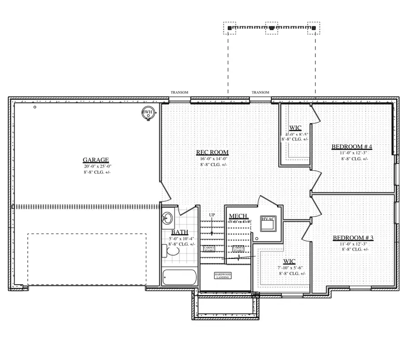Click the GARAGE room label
pos(95,160)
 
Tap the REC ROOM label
pos(212,153)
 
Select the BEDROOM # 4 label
pos(352,147)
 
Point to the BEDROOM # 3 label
pos(353,238)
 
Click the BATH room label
pos(180,232)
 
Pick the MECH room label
pos(238,216)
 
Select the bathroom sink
pos(167,218)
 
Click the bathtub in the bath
pos(180,277)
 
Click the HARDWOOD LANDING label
pos(223,276)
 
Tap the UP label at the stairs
pos(212,215)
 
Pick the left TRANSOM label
pos(180,93)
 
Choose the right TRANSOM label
pos(260,93)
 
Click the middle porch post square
pos(271,28)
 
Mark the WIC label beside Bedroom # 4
pos(295,128)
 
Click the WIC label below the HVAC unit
pos(289,261)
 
